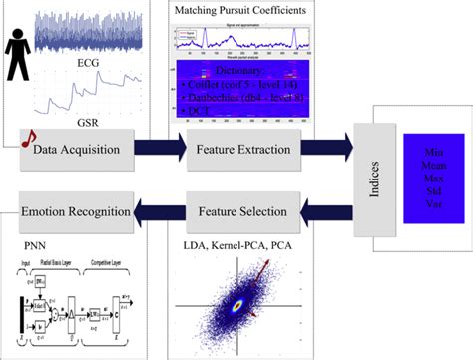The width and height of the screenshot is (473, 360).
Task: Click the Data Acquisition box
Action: pos(84,150)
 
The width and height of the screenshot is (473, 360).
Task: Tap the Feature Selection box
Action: pos(242,211)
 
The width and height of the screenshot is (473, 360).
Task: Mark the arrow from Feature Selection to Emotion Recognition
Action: pos(163,211)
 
